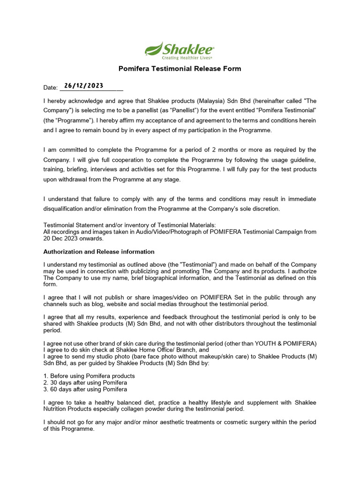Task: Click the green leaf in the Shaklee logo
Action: coord(153,48)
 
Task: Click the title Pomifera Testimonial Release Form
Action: coord(180,69)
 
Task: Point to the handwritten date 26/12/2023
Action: coord(83,86)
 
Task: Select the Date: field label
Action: coord(50,88)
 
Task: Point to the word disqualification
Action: coord(66,209)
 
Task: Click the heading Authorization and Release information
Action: coord(99,252)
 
